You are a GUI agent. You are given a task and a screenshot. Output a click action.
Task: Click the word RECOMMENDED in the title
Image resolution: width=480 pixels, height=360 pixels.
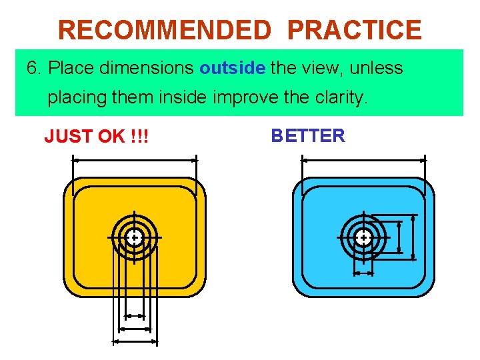point(164,30)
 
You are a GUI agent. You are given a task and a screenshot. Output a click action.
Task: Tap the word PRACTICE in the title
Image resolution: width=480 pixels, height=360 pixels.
point(355,30)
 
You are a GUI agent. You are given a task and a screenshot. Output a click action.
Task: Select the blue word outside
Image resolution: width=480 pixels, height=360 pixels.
point(233,68)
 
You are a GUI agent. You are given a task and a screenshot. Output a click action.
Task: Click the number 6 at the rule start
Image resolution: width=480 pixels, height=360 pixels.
point(31,68)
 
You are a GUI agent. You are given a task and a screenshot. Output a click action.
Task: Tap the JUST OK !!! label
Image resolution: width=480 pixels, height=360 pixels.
point(96,137)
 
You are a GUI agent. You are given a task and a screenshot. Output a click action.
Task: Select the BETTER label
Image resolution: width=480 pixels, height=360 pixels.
point(307,136)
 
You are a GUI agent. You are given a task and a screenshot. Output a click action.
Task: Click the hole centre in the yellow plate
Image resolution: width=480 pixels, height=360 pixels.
point(135,237)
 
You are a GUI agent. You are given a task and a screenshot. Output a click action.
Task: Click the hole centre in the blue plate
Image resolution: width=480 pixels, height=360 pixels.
point(363,237)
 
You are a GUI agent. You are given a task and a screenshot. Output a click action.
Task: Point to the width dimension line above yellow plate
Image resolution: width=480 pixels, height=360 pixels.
point(135,159)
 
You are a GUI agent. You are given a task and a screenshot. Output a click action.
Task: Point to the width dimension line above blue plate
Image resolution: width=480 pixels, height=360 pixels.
point(364,159)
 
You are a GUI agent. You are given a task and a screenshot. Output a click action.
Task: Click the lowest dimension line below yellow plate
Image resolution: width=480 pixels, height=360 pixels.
point(135,341)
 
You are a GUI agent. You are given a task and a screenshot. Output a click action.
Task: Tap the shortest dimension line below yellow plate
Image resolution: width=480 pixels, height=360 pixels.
point(135,315)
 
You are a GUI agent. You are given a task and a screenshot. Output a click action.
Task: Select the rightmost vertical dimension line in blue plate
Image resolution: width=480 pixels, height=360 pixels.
point(414,237)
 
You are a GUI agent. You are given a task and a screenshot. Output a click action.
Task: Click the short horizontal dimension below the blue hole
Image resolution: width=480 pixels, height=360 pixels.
point(363,273)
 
